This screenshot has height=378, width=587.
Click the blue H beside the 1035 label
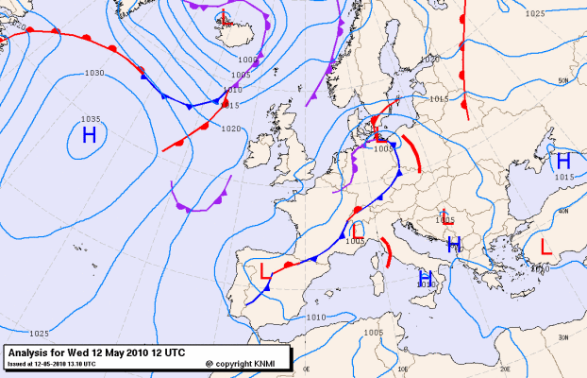point(89,135)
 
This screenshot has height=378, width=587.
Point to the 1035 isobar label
point(90,119)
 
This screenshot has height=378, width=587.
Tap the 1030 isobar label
point(93,73)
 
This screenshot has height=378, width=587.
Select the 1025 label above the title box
point(39,333)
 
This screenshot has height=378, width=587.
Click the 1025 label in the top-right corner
point(535,13)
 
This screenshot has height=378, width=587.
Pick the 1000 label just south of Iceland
point(247,60)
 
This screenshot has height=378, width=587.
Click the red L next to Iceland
point(225,21)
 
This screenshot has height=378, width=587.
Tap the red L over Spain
point(264,271)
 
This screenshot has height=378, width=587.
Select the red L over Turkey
point(545,246)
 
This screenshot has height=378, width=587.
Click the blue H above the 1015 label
point(563,161)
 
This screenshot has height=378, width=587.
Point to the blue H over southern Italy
point(426,276)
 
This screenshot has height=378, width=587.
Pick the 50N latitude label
point(563,81)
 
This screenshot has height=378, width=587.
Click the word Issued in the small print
point(16,363)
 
